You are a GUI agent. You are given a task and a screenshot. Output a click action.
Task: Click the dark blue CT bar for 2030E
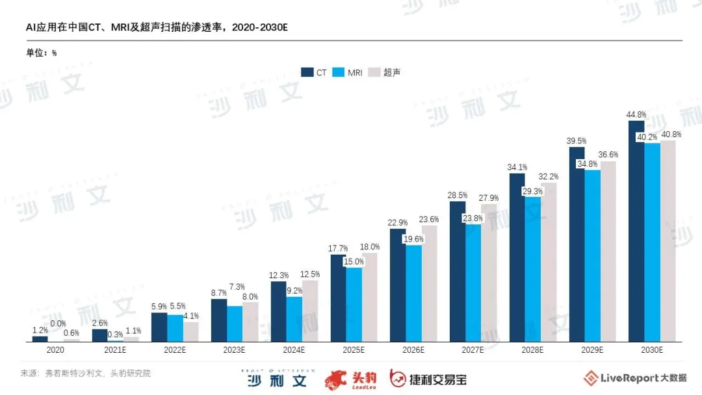636,231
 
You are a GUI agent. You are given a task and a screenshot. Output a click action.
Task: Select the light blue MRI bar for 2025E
354,304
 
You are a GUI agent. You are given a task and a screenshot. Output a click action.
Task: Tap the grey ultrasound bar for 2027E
489,273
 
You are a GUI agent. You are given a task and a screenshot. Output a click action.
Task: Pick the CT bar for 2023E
219,320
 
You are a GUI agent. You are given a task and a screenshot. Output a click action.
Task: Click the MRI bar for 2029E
592,255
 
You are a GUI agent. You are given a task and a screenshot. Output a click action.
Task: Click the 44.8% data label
636,114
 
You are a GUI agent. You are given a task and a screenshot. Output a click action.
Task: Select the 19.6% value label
413,239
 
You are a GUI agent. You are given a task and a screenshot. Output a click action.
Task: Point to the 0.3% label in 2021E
115,335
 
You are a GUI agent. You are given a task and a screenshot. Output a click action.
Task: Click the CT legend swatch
307,72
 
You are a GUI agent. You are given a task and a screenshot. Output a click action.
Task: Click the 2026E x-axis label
413,350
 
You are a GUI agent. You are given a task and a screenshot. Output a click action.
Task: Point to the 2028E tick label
532,350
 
